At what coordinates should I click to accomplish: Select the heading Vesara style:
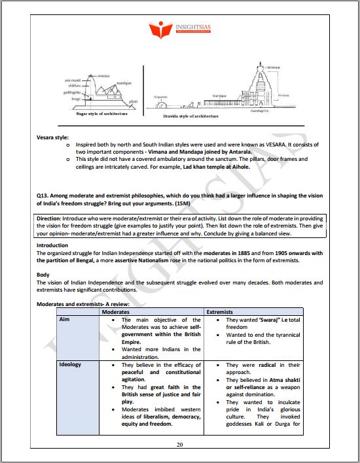point(54,138)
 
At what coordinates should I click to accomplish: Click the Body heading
point(43,275)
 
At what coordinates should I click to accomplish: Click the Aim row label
point(65,320)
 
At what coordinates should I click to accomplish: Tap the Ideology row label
point(70,364)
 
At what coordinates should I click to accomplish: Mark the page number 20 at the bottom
point(180,444)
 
